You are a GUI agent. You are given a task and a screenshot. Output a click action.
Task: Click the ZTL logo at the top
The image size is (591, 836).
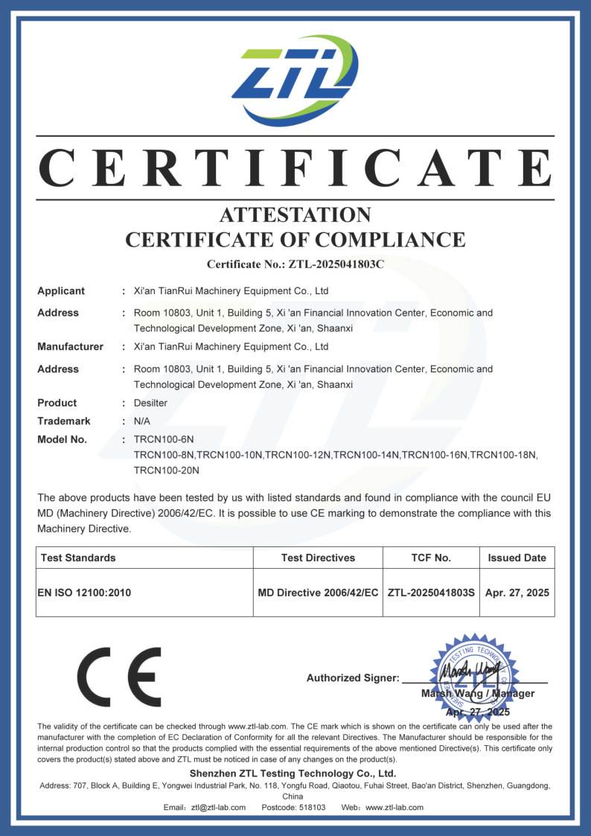(x=295, y=80)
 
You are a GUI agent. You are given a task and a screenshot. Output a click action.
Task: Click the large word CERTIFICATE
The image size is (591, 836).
(x=295, y=168)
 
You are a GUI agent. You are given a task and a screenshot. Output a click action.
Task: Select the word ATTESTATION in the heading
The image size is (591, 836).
(x=295, y=215)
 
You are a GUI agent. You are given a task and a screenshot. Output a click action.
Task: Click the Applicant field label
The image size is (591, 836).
(x=61, y=291)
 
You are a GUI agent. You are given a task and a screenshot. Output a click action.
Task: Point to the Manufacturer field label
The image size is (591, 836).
(x=70, y=347)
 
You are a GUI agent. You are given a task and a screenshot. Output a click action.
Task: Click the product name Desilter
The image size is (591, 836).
(x=150, y=403)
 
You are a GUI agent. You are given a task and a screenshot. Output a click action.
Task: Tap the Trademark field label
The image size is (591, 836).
(x=64, y=421)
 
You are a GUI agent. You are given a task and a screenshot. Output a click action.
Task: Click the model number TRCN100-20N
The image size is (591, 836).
(x=167, y=470)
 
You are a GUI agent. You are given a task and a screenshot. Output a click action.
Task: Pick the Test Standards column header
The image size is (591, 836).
(x=78, y=558)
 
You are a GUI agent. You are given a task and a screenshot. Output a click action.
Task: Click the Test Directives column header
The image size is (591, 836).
(x=318, y=558)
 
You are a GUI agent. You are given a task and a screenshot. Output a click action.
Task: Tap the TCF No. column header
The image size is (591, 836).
(x=431, y=558)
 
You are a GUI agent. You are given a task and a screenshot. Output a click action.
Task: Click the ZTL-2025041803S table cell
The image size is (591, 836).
(x=431, y=593)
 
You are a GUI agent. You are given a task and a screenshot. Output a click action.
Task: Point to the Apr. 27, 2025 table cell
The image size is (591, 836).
(x=517, y=593)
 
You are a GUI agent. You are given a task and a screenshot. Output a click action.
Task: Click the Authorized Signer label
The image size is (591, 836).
(x=352, y=678)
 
